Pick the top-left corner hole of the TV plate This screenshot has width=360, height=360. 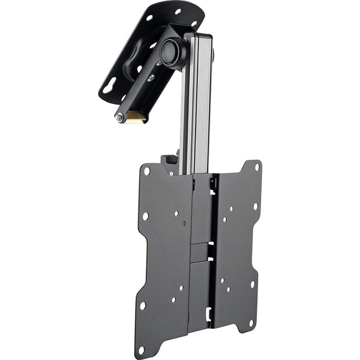pyautogui.click(x=147, y=171)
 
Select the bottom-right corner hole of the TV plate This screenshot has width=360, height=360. pyautogui.click(x=251, y=322)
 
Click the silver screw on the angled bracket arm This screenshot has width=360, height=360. pyautogui.click(x=151, y=78)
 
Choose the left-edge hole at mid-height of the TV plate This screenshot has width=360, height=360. pyautogui.click(x=145, y=216)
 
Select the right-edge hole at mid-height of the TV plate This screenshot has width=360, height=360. pyautogui.click(x=256, y=206)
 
